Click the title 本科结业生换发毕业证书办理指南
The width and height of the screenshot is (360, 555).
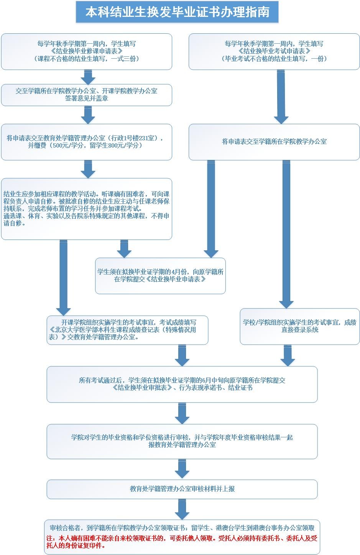tap(177, 12)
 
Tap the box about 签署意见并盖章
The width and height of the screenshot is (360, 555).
tap(86, 95)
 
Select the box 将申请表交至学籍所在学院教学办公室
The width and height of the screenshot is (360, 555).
tap(274, 142)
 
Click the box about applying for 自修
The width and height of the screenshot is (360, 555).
tap(86, 209)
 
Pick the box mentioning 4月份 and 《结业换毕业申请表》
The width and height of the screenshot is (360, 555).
tap(160, 276)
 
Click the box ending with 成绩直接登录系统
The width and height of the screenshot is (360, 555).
tap(299, 326)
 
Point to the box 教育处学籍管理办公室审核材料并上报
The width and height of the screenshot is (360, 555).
tap(182, 489)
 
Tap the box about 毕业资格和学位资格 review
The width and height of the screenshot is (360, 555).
tap(182, 441)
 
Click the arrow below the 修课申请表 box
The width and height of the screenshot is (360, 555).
tap(88, 77)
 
